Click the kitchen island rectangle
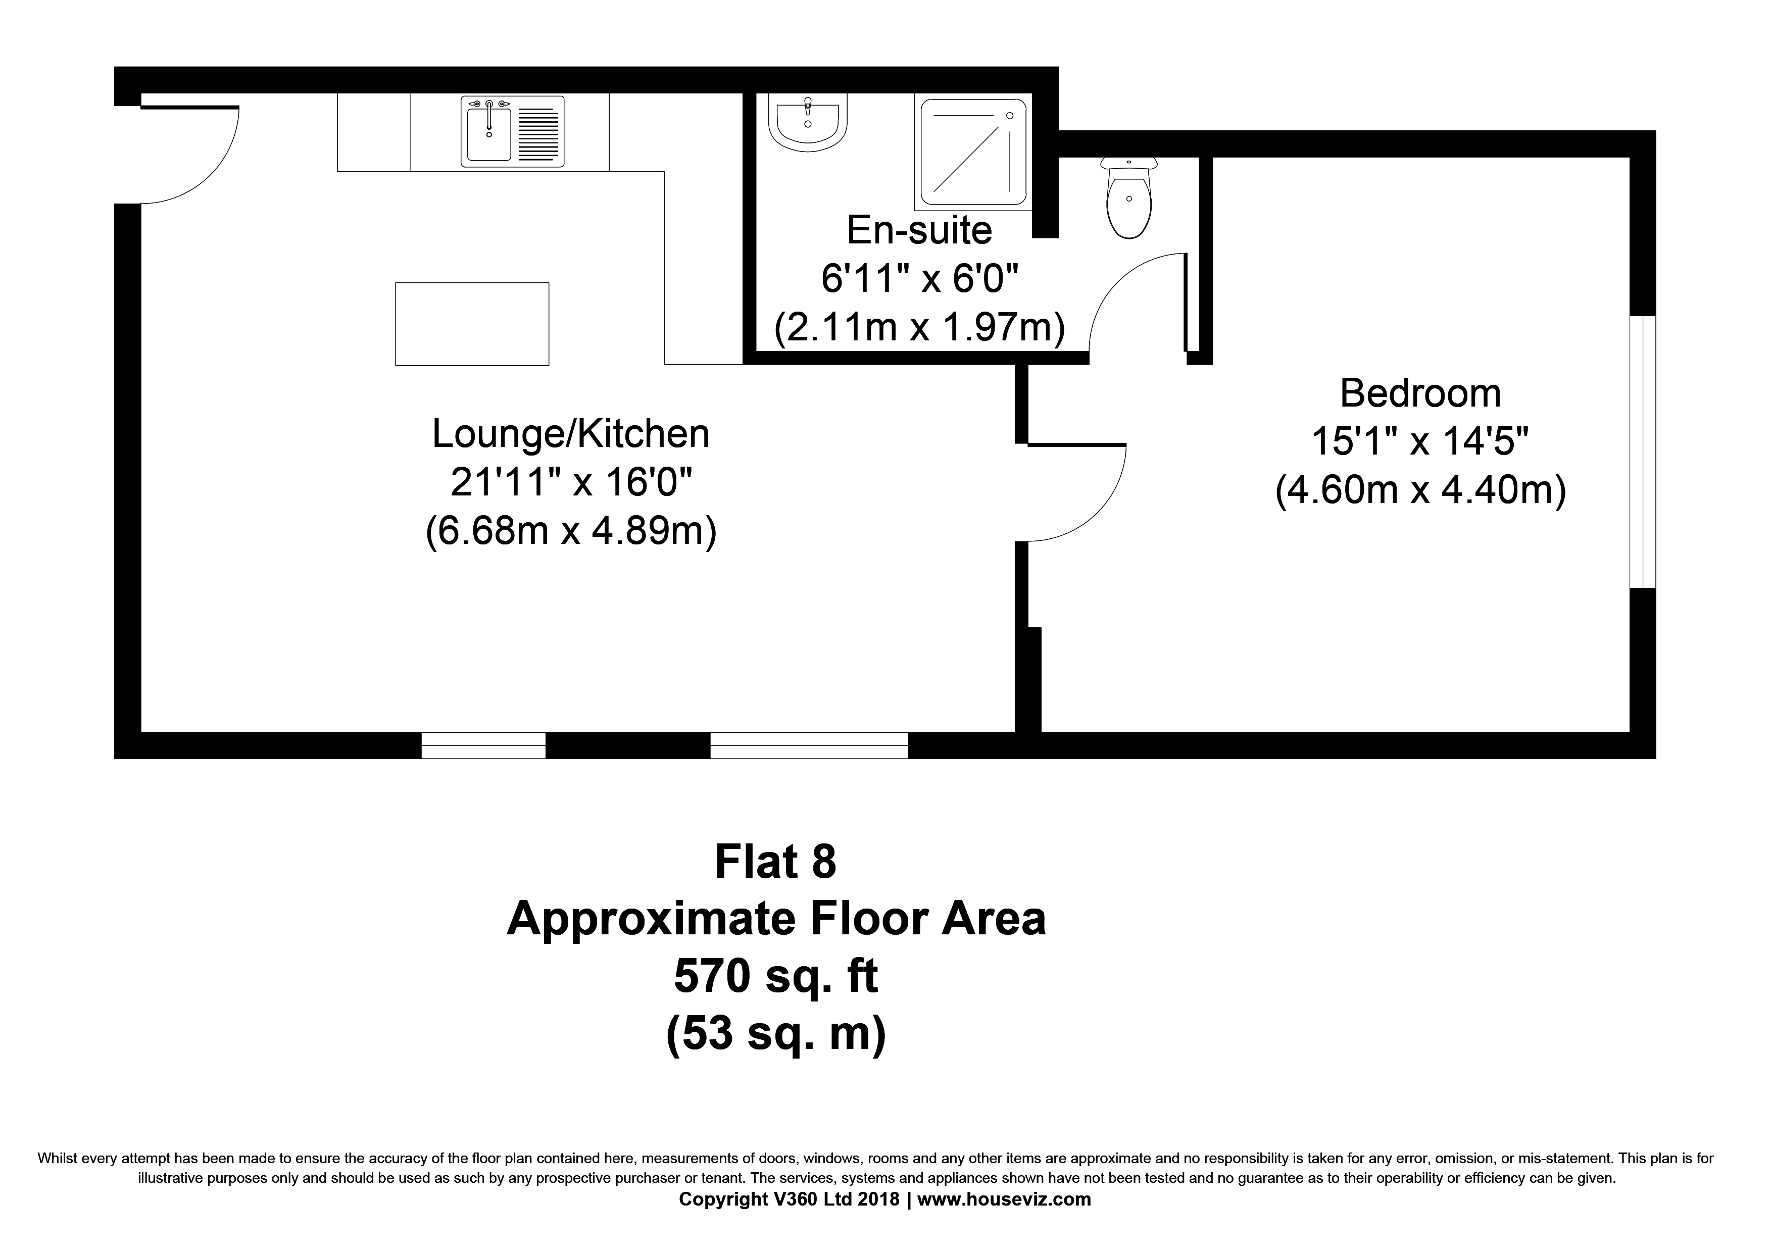472,324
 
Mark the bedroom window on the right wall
1642,452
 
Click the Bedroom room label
1420,393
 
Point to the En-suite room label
919,230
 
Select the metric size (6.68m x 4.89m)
571,531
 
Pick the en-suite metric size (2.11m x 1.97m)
920,327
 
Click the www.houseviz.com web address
1004,1199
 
